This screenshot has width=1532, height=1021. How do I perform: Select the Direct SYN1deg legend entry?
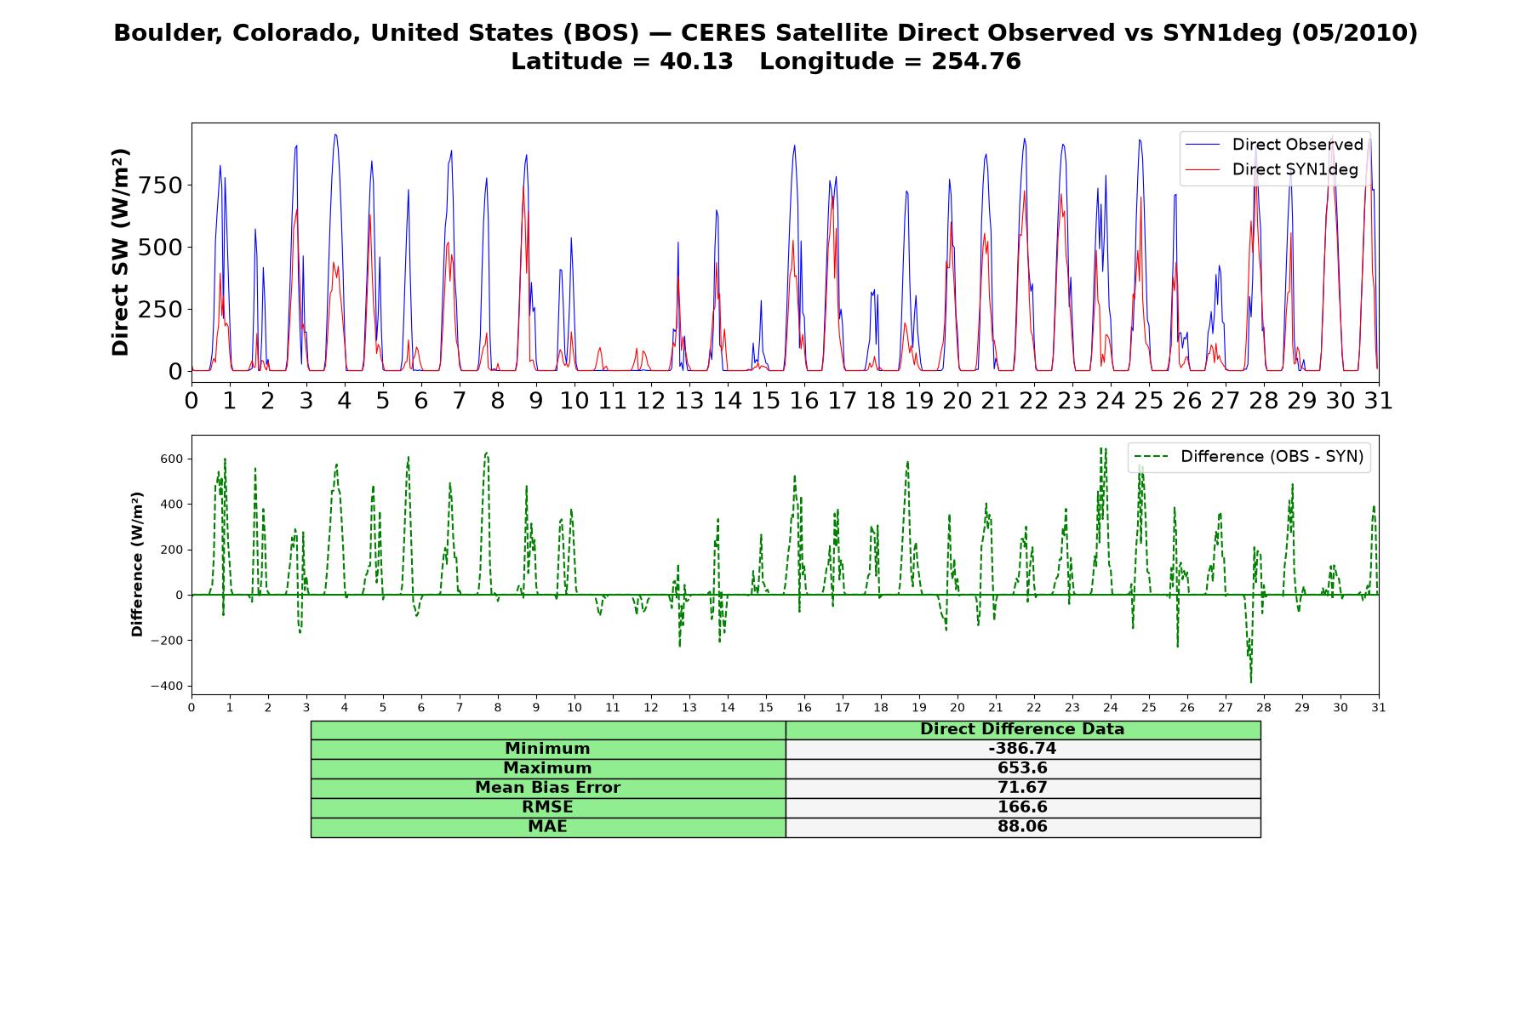click(1272, 169)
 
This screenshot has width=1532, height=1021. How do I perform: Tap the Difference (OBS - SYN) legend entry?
click(1249, 457)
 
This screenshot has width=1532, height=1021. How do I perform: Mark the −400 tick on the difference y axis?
click(167, 686)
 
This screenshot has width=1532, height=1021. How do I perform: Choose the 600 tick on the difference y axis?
click(172, 459)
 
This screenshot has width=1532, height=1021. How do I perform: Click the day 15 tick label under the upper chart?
click(766, 401)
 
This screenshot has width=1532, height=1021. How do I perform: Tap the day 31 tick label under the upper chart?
click(1378, 401)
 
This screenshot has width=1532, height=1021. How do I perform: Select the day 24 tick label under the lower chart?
click(1110, 707)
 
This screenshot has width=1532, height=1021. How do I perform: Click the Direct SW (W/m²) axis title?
click(120, 252)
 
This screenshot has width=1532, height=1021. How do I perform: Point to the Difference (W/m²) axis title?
click(137, 565)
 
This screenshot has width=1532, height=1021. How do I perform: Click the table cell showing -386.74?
click(1022, 749)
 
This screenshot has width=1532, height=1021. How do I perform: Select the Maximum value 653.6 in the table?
click(1022, 768)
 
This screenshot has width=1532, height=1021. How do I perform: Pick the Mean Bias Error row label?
click(547, 788)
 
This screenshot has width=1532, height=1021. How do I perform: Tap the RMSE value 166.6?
click(1022, 807)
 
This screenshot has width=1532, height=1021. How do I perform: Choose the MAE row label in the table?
click(547, 827)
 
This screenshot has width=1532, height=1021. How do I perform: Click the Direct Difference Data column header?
click(1022, 729)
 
